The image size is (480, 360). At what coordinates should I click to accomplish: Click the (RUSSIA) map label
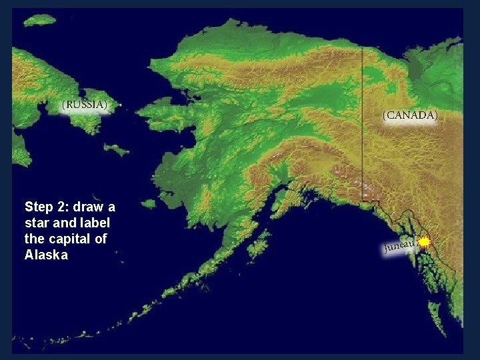pos(85,105)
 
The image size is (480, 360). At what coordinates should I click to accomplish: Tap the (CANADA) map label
pos(410,115)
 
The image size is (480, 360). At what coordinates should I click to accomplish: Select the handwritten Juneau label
pos(400,247)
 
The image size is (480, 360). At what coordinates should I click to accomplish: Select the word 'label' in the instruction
pos(96,223)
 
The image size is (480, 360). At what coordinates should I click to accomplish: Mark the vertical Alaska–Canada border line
pos(362,120)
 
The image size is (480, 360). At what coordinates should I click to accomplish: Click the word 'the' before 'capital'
pos(34,239)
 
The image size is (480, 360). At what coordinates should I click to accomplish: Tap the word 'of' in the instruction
pos(101,239)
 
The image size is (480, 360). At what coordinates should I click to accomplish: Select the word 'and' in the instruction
pos(65,223)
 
